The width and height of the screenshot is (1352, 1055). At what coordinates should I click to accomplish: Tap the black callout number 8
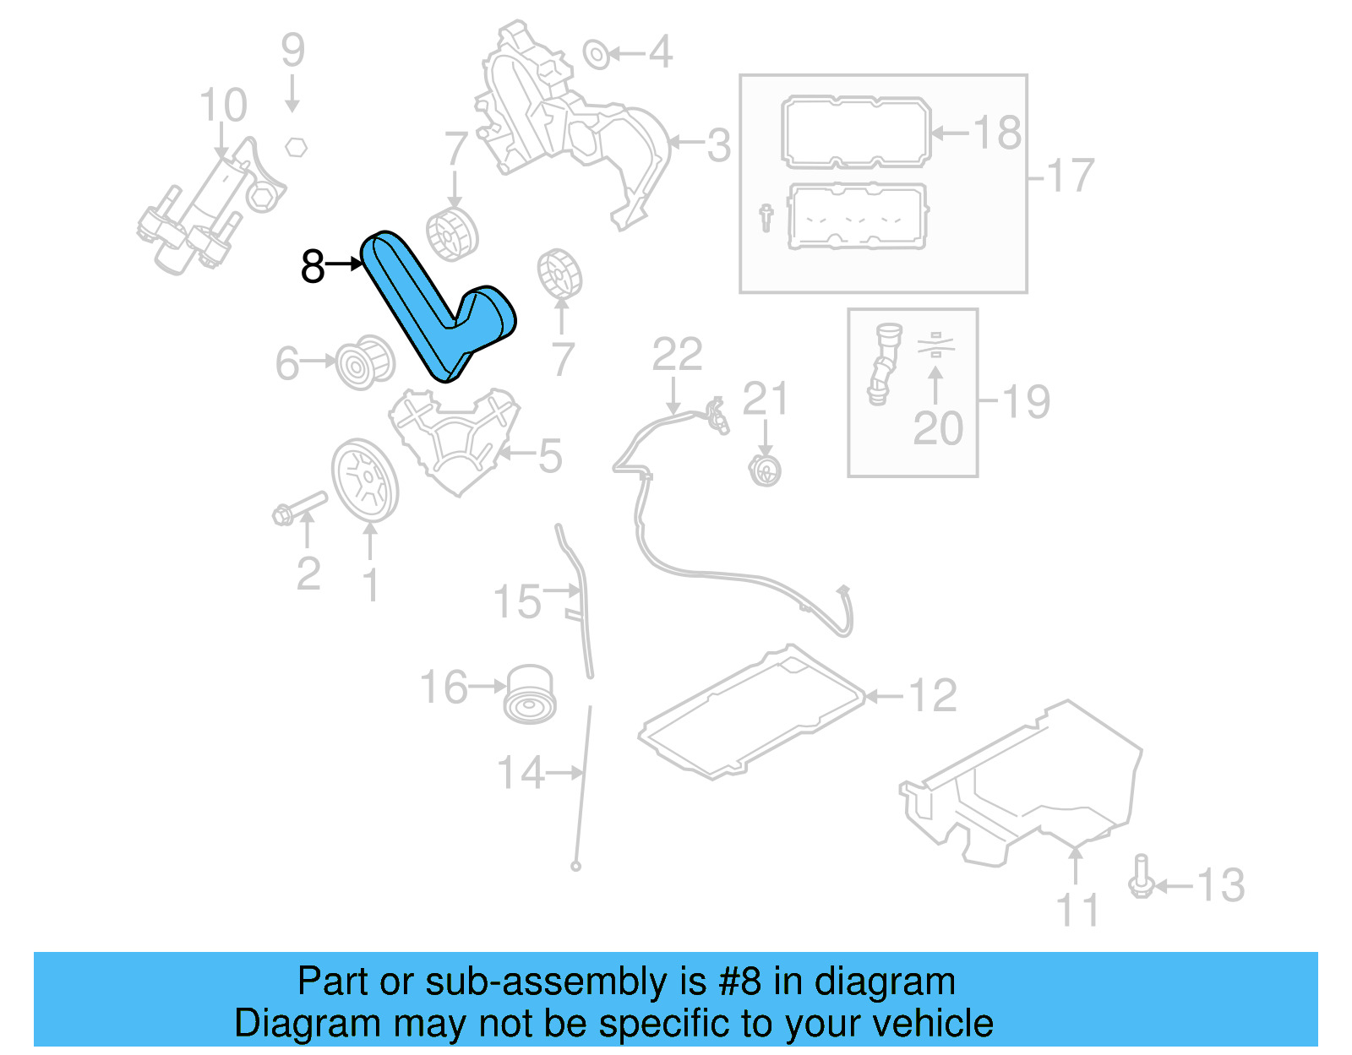tap(313, 267)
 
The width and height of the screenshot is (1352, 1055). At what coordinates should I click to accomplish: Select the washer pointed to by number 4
tap(596, 55)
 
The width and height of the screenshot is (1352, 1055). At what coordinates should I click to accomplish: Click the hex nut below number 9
tap(295, 147)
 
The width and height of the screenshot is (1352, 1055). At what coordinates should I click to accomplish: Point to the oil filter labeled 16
tap(530, 694)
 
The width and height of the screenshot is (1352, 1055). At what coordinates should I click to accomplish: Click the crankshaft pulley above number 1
tap(364, 481)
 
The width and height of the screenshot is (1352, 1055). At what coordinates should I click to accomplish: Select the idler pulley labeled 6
tap(364, 362)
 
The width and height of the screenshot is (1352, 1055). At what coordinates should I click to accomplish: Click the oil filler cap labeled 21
tap(765, 470)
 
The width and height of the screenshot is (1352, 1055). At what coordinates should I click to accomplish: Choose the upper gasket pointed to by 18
tap(855, 133)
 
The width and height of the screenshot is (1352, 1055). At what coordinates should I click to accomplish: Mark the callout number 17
tap(1070, 177)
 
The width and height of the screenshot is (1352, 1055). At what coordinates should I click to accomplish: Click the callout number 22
tap(677, 355)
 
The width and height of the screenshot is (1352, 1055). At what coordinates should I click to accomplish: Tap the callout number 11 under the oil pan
tap(1077, 911)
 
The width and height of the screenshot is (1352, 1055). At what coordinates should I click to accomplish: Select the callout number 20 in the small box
tap(938, 428)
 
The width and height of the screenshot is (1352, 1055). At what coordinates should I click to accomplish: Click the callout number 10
tap(223, 106)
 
